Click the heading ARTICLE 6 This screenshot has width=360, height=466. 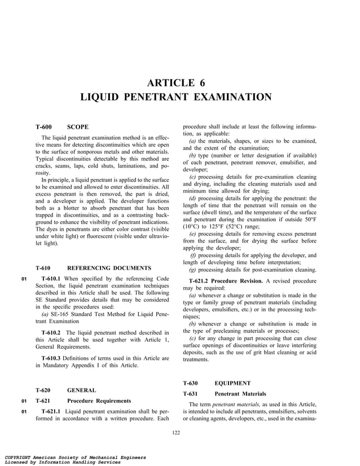[180, 83]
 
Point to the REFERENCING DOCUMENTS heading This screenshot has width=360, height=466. [109, 268]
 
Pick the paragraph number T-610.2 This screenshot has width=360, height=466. [54, 332]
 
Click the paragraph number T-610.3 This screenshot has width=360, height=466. [54, 358]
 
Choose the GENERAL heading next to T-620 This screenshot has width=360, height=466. [81, 390]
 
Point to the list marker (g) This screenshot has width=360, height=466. [193, 270]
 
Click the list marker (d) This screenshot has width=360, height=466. [193, 198]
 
